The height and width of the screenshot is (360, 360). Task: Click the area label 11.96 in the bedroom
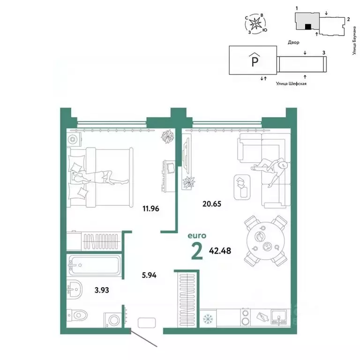(151, 209)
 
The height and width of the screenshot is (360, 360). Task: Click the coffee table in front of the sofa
(241, 186)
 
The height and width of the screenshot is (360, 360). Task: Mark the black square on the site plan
(307, 28)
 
